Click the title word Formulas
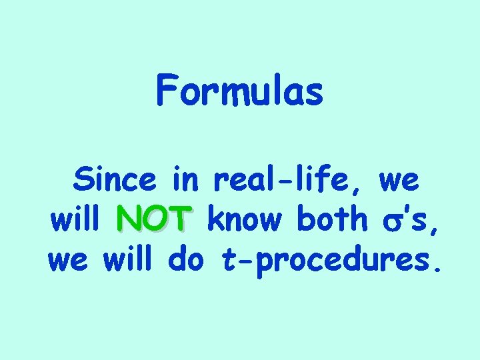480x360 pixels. pyautogui.click(x=240, y=91)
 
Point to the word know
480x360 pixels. pyautogui.click(x=246, y=219)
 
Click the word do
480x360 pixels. pyautogui.click(x=189, y=257)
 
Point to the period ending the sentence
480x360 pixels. pyautogui.click(x=436, y=269)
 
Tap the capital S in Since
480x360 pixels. pyautogui.click(x=85, y=179)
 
